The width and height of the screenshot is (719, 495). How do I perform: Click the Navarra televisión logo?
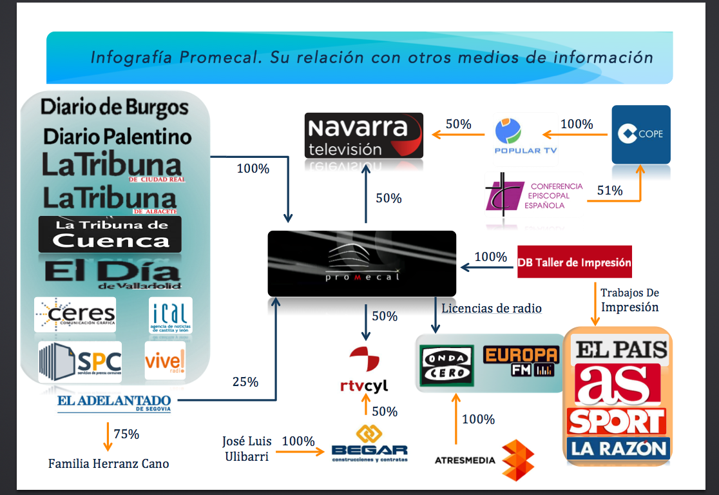[x=364, y=135]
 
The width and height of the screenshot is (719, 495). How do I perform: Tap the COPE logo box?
[x=641, y=134]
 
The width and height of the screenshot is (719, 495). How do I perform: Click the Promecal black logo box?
[x=361, y=263]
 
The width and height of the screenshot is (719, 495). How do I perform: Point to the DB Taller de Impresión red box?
[x=575, y=262]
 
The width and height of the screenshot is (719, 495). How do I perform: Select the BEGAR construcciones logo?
[x=369, y=444]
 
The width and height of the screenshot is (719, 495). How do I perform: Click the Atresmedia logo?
[x=483, y=459]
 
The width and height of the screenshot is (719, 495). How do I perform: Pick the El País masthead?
[x=621, y=350]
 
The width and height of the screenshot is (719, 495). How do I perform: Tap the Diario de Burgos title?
[x=115, y=107]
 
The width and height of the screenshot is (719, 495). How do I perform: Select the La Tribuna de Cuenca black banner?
[x=110, y=234]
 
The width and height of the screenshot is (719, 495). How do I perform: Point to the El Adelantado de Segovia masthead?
[x=114, y=403]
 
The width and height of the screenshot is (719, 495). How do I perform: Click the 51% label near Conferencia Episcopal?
[x=609, y=190]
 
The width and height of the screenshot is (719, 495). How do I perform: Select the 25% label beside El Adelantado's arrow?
[x=245, y=382]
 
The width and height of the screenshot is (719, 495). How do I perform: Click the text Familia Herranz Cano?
[x=108, y=463]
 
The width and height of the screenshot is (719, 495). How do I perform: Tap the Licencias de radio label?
[x=492, y=308]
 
